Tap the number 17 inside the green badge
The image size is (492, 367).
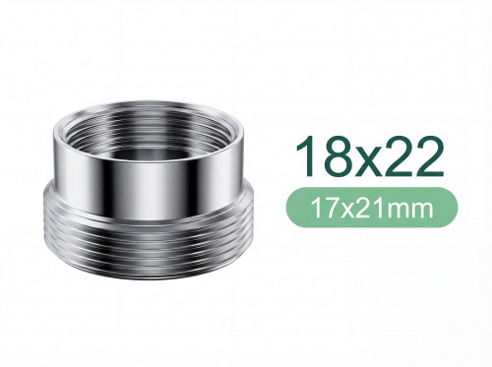pos(317,208)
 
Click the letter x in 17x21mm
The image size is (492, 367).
pos(339,210)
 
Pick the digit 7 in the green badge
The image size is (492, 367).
pos(324,208)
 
